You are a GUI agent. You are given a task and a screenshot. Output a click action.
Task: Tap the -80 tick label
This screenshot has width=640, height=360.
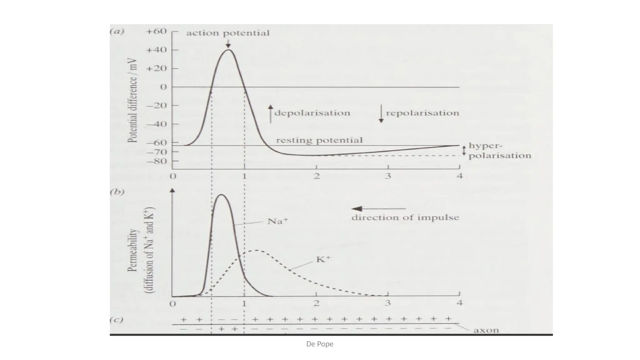click(157, 162)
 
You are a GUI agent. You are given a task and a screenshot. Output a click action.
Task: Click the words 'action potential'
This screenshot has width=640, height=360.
click(228, 33)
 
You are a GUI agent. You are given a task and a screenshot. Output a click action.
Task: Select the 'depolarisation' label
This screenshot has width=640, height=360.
click(312, 113)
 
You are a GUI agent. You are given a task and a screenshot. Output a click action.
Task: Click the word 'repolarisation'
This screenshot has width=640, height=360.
click(422, 113)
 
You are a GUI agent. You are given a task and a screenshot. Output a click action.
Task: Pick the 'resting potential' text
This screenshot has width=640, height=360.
click(319, 140)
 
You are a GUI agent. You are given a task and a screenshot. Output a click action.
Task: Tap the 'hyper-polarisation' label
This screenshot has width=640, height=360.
click(499, 151)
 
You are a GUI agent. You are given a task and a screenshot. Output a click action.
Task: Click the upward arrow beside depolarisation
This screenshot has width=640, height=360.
click(271, 114)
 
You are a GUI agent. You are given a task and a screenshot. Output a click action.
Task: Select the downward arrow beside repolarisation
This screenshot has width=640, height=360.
click(381, 114)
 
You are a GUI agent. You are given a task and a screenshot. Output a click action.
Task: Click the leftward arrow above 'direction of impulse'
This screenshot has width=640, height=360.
click(378, 209)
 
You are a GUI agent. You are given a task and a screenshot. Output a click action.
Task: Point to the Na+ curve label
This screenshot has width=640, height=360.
click(277, 222)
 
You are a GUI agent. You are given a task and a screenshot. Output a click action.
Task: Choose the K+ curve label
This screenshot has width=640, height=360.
click(323, 259)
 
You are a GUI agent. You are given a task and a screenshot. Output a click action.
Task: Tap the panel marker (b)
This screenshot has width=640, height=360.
click(117, 192)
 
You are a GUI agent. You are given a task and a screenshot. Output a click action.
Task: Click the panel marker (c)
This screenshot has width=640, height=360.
click(116, 320)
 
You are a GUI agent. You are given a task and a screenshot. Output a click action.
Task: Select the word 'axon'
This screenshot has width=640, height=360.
click(486, 330)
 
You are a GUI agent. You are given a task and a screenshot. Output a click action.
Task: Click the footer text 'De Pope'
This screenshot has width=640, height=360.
click(320, 344)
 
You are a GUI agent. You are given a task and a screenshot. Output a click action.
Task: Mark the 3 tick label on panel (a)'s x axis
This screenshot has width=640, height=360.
click(388, 176)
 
